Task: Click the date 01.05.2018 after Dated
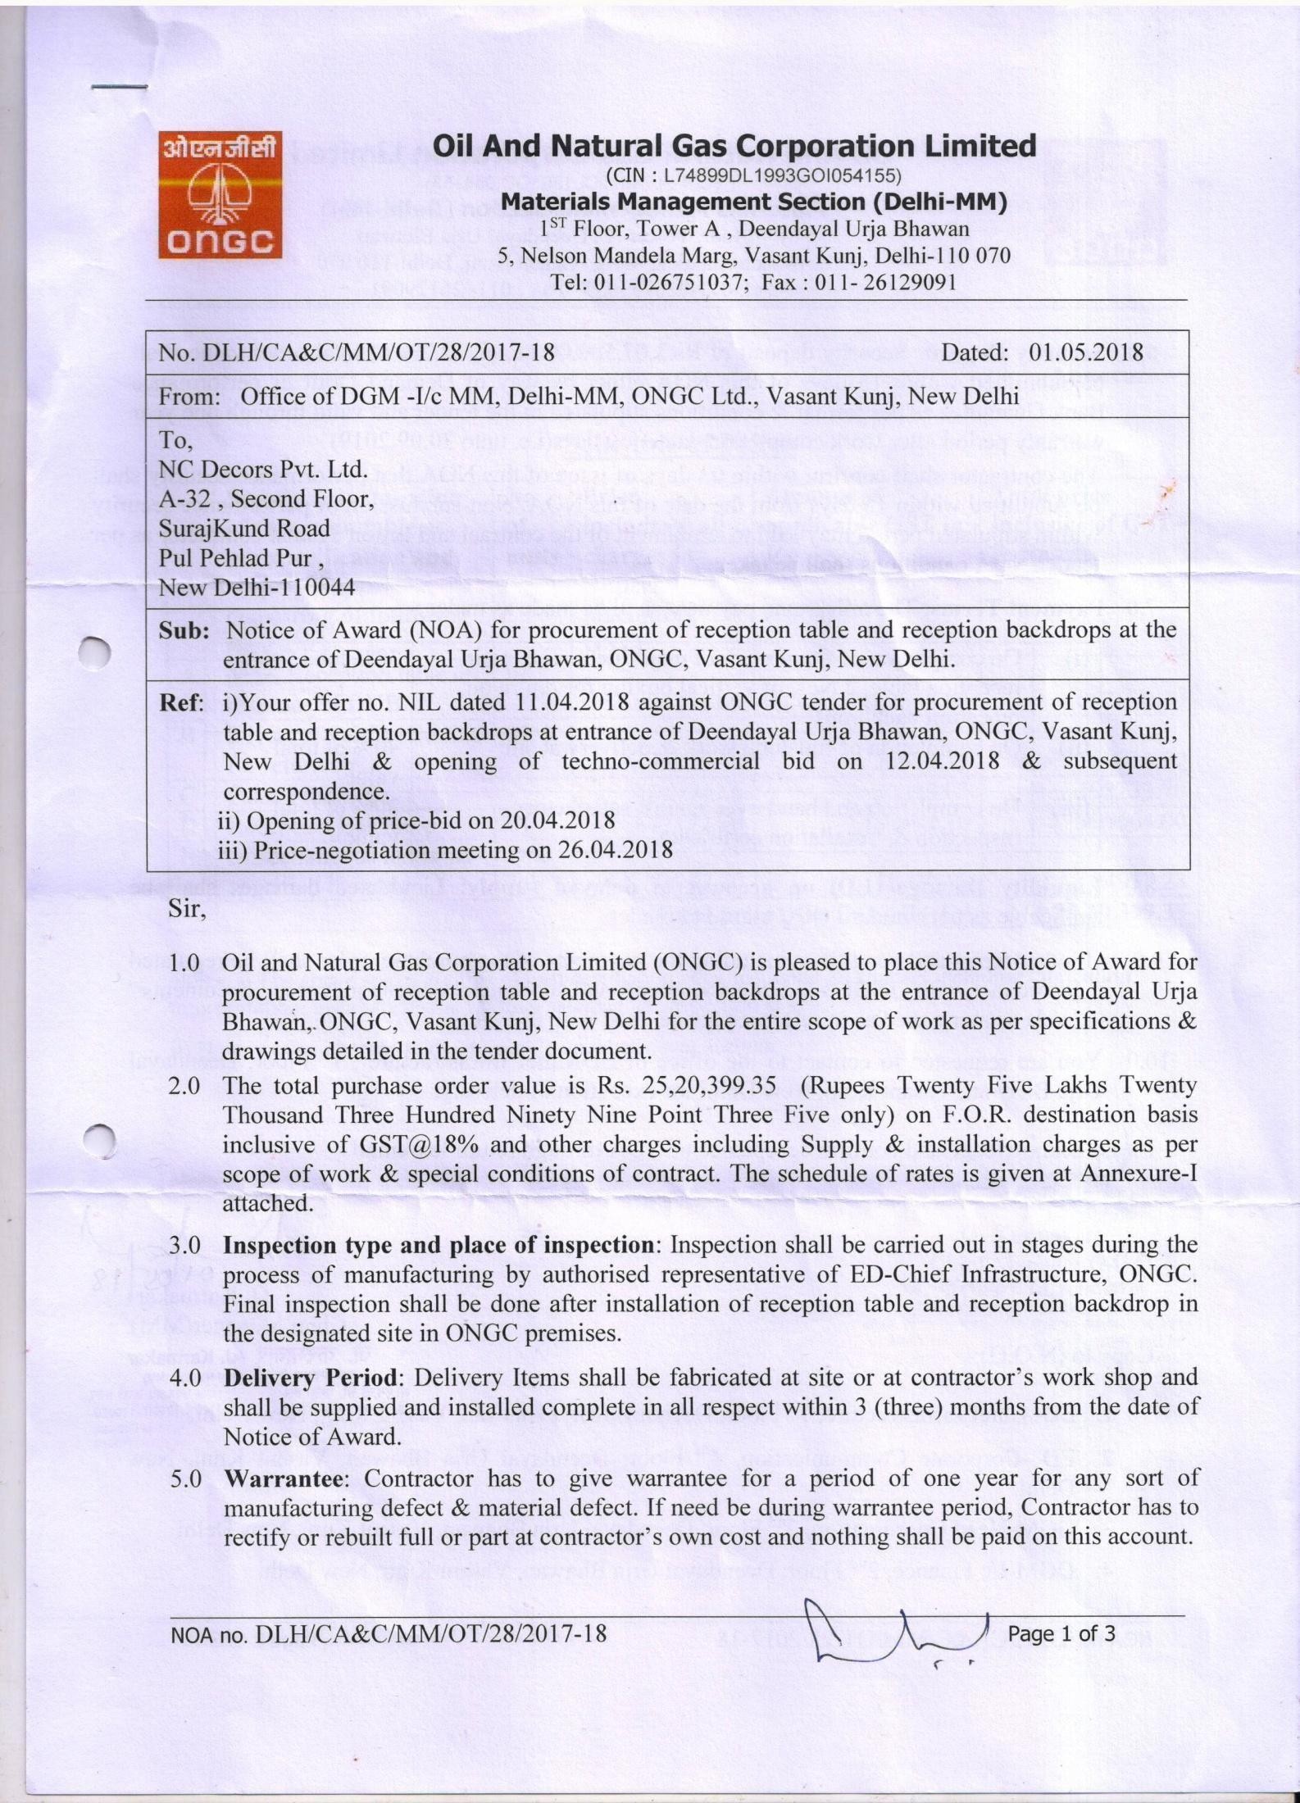tap(1085, 352)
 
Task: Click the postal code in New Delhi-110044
tap(316, 587)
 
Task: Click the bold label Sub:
tap(184, 630)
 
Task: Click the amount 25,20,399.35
tap(713, 1086)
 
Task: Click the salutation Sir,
tap(187, 910)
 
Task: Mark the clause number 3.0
tap(185, 1245)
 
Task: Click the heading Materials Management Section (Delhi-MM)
tap(753, 202)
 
